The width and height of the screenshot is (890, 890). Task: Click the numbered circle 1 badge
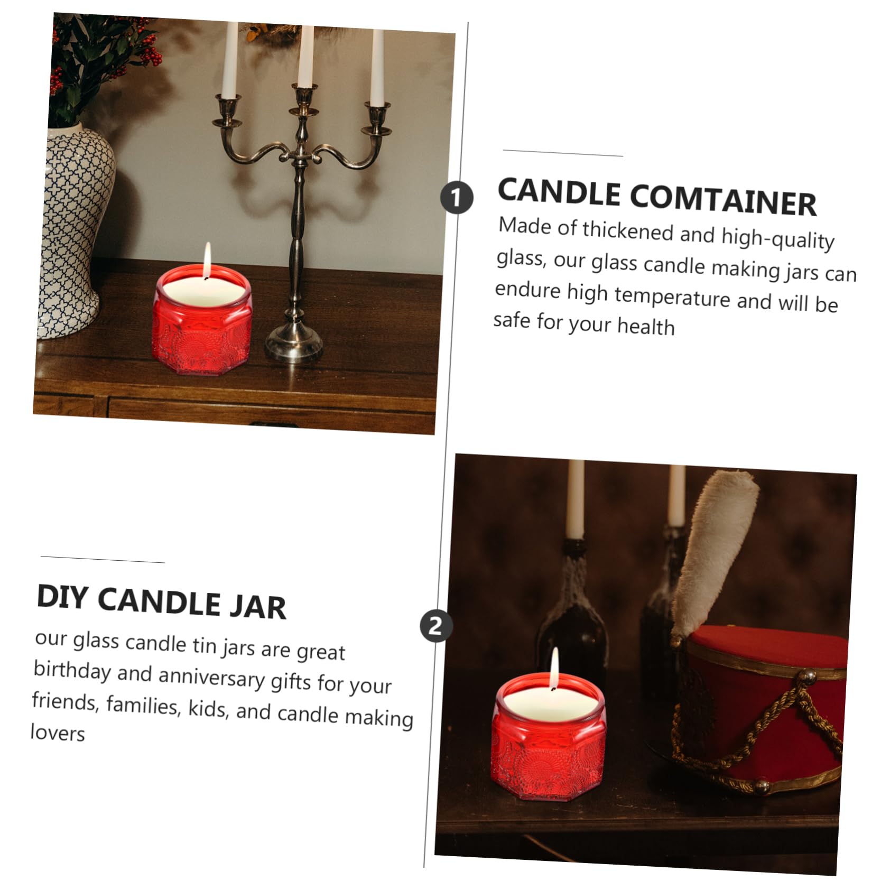click(457, 197)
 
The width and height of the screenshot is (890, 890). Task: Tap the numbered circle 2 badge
click(435, 626)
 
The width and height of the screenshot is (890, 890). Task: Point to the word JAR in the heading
click(258, 606)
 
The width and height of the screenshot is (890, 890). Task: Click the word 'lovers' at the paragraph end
click(58, 733)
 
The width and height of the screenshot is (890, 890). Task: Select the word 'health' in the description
click(646, 326)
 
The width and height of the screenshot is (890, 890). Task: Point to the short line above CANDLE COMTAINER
click(563, 153)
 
